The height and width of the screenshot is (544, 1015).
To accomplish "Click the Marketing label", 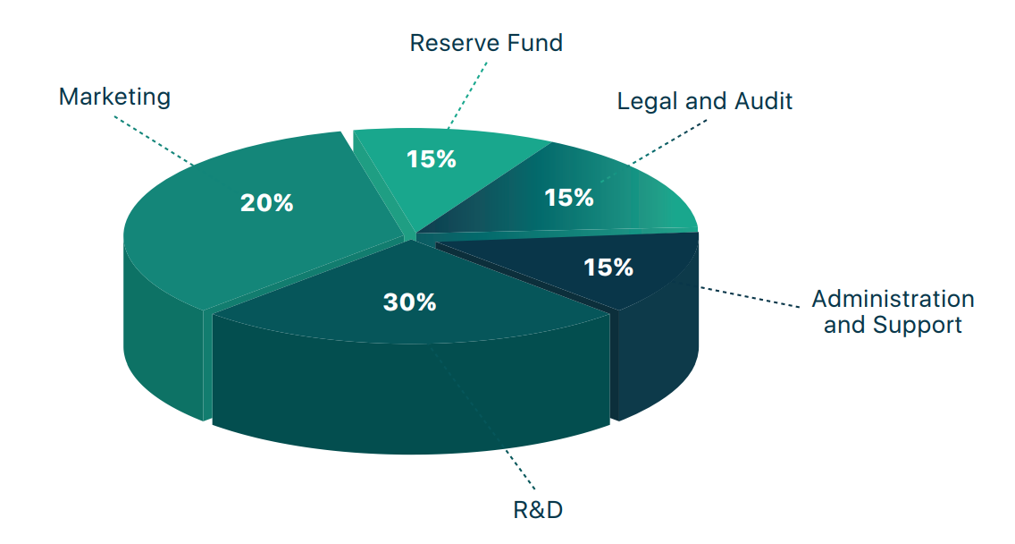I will [114, 97].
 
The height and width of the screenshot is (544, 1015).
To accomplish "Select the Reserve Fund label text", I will [486, 43].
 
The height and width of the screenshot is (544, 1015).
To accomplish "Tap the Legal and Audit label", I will [704, 101].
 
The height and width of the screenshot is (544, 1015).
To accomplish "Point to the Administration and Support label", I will [892, 311].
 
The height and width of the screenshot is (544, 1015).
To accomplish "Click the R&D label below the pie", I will [538, 510].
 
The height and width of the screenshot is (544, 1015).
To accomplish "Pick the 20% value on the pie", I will [266, 203].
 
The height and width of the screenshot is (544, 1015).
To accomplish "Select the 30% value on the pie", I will [409, 302].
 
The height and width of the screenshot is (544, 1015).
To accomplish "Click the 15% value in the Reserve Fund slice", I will [431, 159].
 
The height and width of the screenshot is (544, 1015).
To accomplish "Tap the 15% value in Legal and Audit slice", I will [569, 197].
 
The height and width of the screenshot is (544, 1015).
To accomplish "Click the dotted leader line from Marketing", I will [152, 140].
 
